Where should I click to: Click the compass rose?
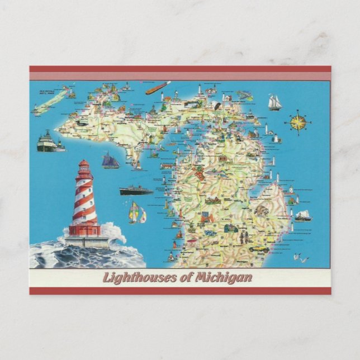point(298,122)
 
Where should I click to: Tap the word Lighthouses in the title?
point(138,278)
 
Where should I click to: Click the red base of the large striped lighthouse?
point(84,230)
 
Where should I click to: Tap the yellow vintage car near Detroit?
point(258,249)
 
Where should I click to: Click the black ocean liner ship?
point(135,191)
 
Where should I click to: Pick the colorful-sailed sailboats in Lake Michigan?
point(137,213)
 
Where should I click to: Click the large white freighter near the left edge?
point(48,142)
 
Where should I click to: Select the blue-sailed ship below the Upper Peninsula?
point(110,161)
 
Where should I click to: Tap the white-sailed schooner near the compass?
point(274,102)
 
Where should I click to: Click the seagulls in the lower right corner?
point(301,258)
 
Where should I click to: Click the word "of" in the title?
point(185,278)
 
